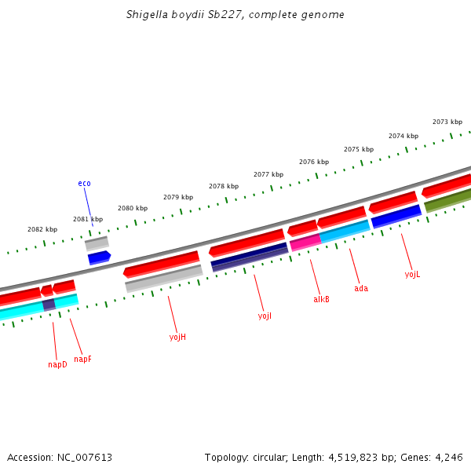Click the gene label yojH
point(177,337)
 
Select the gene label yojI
point(265,316)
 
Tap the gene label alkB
point(321,299)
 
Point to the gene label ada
point(361,288)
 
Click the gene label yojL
point(412,274)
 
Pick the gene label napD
point(57,364)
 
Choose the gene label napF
point(82,359)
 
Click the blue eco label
point(84,183)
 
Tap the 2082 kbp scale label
point(42,229)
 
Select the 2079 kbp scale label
point(178,197)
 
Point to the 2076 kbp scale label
point(314,162)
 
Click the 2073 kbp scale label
point(447,122)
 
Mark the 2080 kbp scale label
point(133,208)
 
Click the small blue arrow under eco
point(99,257)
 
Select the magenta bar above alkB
point(305,242)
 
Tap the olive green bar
point(447,199)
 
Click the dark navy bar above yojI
point(250,257)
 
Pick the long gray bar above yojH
point(163,278)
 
